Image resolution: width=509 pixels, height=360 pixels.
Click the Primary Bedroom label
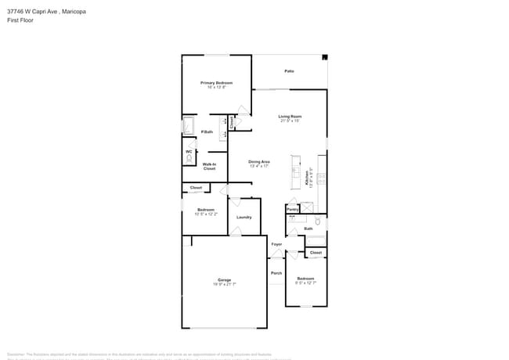click(x=216, y=82)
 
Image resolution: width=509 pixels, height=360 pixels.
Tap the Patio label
click(x=289, y=71)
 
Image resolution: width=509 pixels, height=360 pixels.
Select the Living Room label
click(x=290, y=116)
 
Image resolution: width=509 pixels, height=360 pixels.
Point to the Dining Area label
click(x=259, y=161)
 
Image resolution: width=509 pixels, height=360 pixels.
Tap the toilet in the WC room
click(x=189, y=157)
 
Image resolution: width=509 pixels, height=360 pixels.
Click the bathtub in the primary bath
click(x=188, y=125)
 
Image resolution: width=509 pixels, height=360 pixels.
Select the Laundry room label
click(x=244, y=217)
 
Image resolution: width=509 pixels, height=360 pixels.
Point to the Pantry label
click(x=292, y=209)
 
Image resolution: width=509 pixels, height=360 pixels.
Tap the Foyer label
click(x=276, y=244)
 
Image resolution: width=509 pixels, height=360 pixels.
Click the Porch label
click(x=276, y=273)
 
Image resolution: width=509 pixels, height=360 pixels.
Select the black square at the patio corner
click(x=324, y=57)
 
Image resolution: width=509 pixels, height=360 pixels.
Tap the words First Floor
click(x=20, y=21)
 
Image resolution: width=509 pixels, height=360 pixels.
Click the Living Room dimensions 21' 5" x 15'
click(x=290, y=121)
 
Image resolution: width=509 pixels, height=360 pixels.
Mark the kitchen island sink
click(x=295, y=170)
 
